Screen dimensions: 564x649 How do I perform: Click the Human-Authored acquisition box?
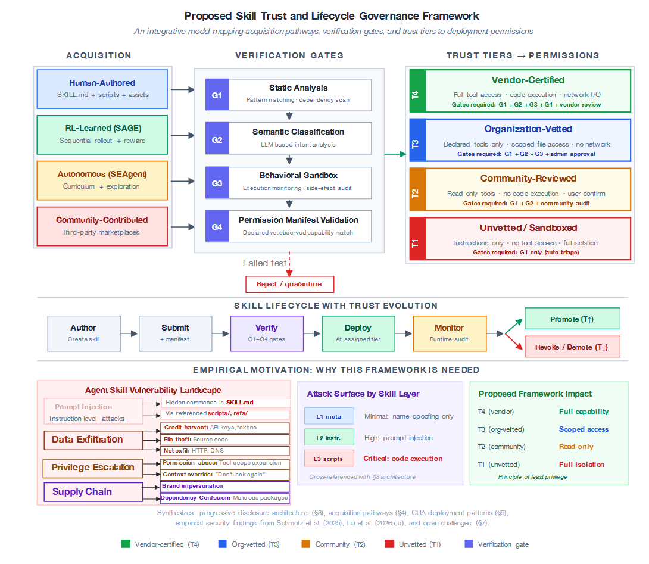point(102,89)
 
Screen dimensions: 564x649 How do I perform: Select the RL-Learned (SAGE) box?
point(102,134)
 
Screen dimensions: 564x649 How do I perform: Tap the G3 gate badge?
point(217,183)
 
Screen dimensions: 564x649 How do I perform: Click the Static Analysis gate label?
point(298,88)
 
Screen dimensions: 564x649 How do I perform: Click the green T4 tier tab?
point(416,91)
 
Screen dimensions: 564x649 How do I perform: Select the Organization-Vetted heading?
point(528,129)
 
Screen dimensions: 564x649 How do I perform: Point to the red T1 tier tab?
point(416,238)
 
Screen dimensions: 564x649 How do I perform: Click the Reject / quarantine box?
point(289,284)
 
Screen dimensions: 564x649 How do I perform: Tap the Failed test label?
point(265,263)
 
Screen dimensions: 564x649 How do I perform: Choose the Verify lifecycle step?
point(267,334)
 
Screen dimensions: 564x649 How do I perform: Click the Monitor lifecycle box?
point(450,334)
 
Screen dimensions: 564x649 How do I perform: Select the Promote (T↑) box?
point(572,319)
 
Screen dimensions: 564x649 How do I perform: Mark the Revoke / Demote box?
point(572,347)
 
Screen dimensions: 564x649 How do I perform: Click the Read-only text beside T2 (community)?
point(576,447)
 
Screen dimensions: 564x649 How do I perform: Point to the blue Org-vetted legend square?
point(222,544)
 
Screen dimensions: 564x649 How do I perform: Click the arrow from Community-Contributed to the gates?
point(182,227)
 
